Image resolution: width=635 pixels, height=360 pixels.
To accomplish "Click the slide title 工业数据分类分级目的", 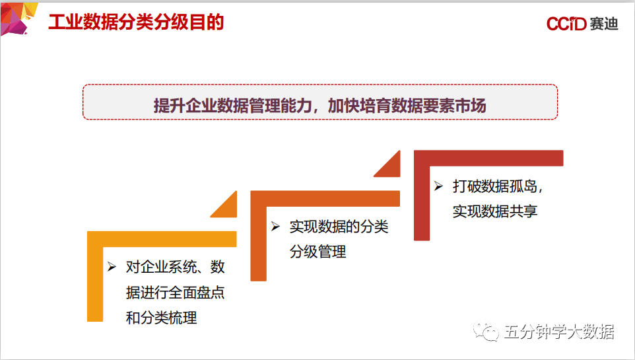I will point(136,22).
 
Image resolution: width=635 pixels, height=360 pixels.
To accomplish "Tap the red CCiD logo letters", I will point(566,24).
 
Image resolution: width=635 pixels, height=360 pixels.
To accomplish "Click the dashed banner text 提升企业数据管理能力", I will point(234,106).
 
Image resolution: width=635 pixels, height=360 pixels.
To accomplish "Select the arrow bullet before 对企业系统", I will point(112,267).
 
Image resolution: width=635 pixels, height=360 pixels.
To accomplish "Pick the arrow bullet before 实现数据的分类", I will point(276,227).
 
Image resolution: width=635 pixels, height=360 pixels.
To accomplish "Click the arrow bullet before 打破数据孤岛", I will point(438,186).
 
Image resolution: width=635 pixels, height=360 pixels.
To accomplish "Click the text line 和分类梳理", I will point(161,318).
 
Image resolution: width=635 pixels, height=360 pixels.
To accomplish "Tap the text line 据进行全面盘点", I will point(175,293).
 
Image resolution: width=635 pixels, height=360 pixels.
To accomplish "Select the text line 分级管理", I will point(317,252).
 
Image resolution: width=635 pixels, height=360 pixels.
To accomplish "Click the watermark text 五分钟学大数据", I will point(558,332).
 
